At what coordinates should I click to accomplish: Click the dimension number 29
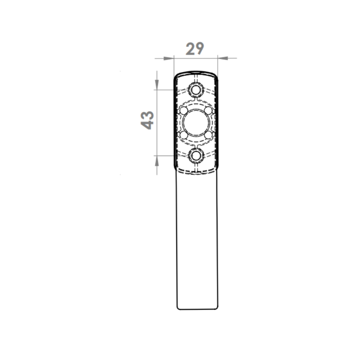(195, 49)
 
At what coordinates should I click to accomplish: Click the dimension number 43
(147, 120)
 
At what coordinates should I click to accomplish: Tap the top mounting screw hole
(196, 90)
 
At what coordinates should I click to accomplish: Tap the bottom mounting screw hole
(196, 156)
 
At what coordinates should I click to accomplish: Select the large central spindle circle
(196, 123)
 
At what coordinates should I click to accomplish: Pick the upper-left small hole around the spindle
(184, 111)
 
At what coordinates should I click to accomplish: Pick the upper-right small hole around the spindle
(208, 111)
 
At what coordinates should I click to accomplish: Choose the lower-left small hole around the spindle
(184, 135)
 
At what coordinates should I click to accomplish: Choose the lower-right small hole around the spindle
(208, 135)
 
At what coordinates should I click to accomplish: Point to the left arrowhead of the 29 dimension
(169, 58)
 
